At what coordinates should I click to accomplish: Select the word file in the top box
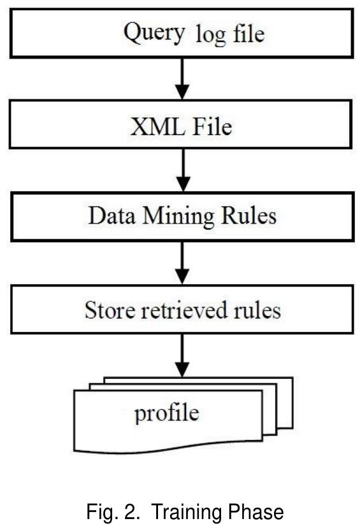pos(248,33)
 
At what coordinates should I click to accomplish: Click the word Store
pos(109,311)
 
